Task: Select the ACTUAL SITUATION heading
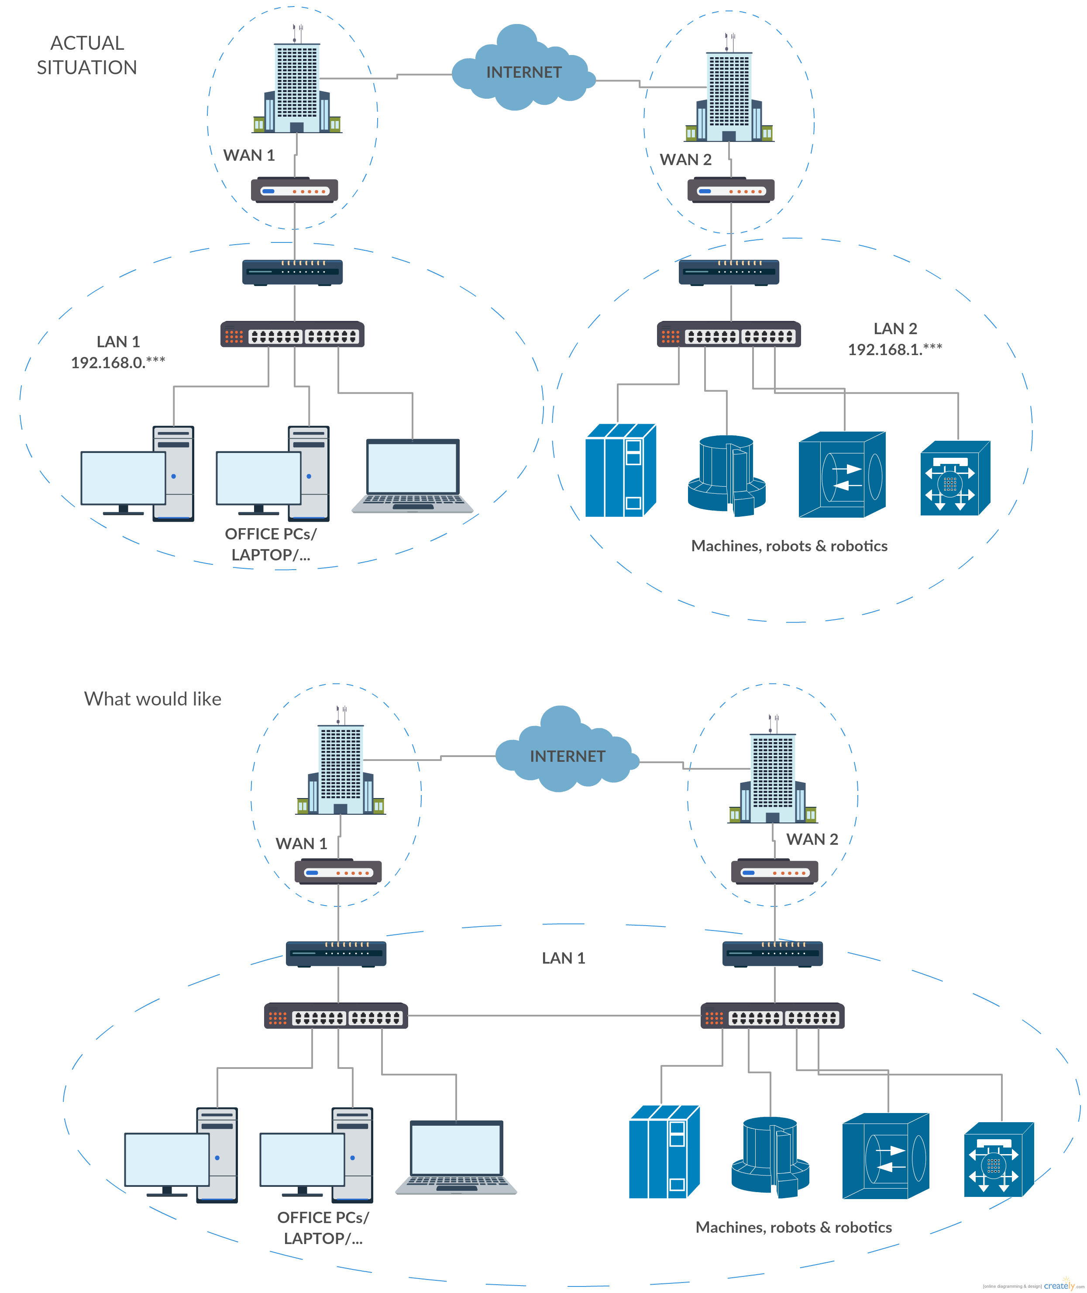[x=87, y=55]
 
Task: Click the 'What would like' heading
[x=152, y=698]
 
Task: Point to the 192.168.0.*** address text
[x=118, y=363]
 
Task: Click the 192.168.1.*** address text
[x=895, y=349]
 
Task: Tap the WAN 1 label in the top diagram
[x=248, y=156]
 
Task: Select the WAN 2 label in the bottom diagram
[x=812, y=839]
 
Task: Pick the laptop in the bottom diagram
[x=456, y=1157]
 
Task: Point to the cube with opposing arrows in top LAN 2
[x=841, y=475]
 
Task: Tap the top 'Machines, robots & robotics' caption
[x=789, y=546]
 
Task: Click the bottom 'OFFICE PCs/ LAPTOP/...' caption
[x=323, y=1227]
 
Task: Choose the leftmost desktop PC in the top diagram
[x=138, y=473]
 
